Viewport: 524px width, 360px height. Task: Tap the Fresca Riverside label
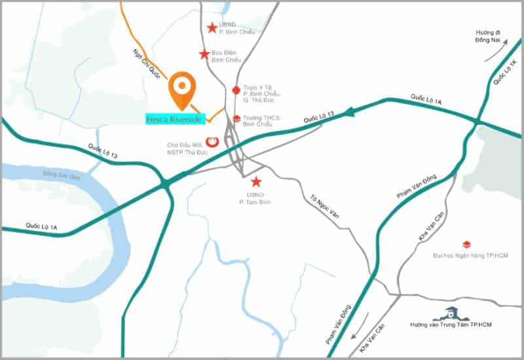coord(176,118)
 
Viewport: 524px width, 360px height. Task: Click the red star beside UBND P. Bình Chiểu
coord(212,27)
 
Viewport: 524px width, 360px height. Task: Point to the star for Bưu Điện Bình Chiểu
coord(204,54)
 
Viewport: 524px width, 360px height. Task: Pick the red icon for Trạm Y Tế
coord(236,90)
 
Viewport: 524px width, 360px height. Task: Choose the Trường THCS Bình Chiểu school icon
coord(236,118)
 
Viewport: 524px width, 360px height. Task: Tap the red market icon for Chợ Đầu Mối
coord(212,141)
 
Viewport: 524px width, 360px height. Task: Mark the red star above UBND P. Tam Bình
coord(255,181)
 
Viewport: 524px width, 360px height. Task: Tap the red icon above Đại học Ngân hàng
coord(466,244)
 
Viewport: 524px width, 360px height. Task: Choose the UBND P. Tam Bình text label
coord(255,199)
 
